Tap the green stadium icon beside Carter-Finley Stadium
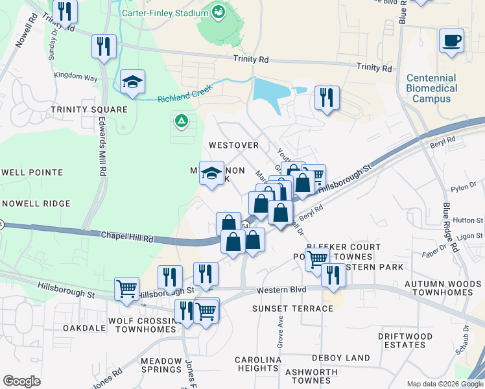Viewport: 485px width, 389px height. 219,12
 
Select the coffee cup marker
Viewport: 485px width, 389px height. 451,41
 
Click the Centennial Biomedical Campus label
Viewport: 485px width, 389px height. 432,88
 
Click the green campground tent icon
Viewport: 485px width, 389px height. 180,120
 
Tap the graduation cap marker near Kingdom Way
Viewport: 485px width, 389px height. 132,82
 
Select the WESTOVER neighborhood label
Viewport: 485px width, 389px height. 233,145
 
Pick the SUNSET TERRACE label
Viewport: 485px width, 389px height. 292,308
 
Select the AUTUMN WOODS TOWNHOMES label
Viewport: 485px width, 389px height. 439,288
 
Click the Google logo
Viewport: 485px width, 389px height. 21,381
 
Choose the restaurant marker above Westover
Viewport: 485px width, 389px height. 327,99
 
